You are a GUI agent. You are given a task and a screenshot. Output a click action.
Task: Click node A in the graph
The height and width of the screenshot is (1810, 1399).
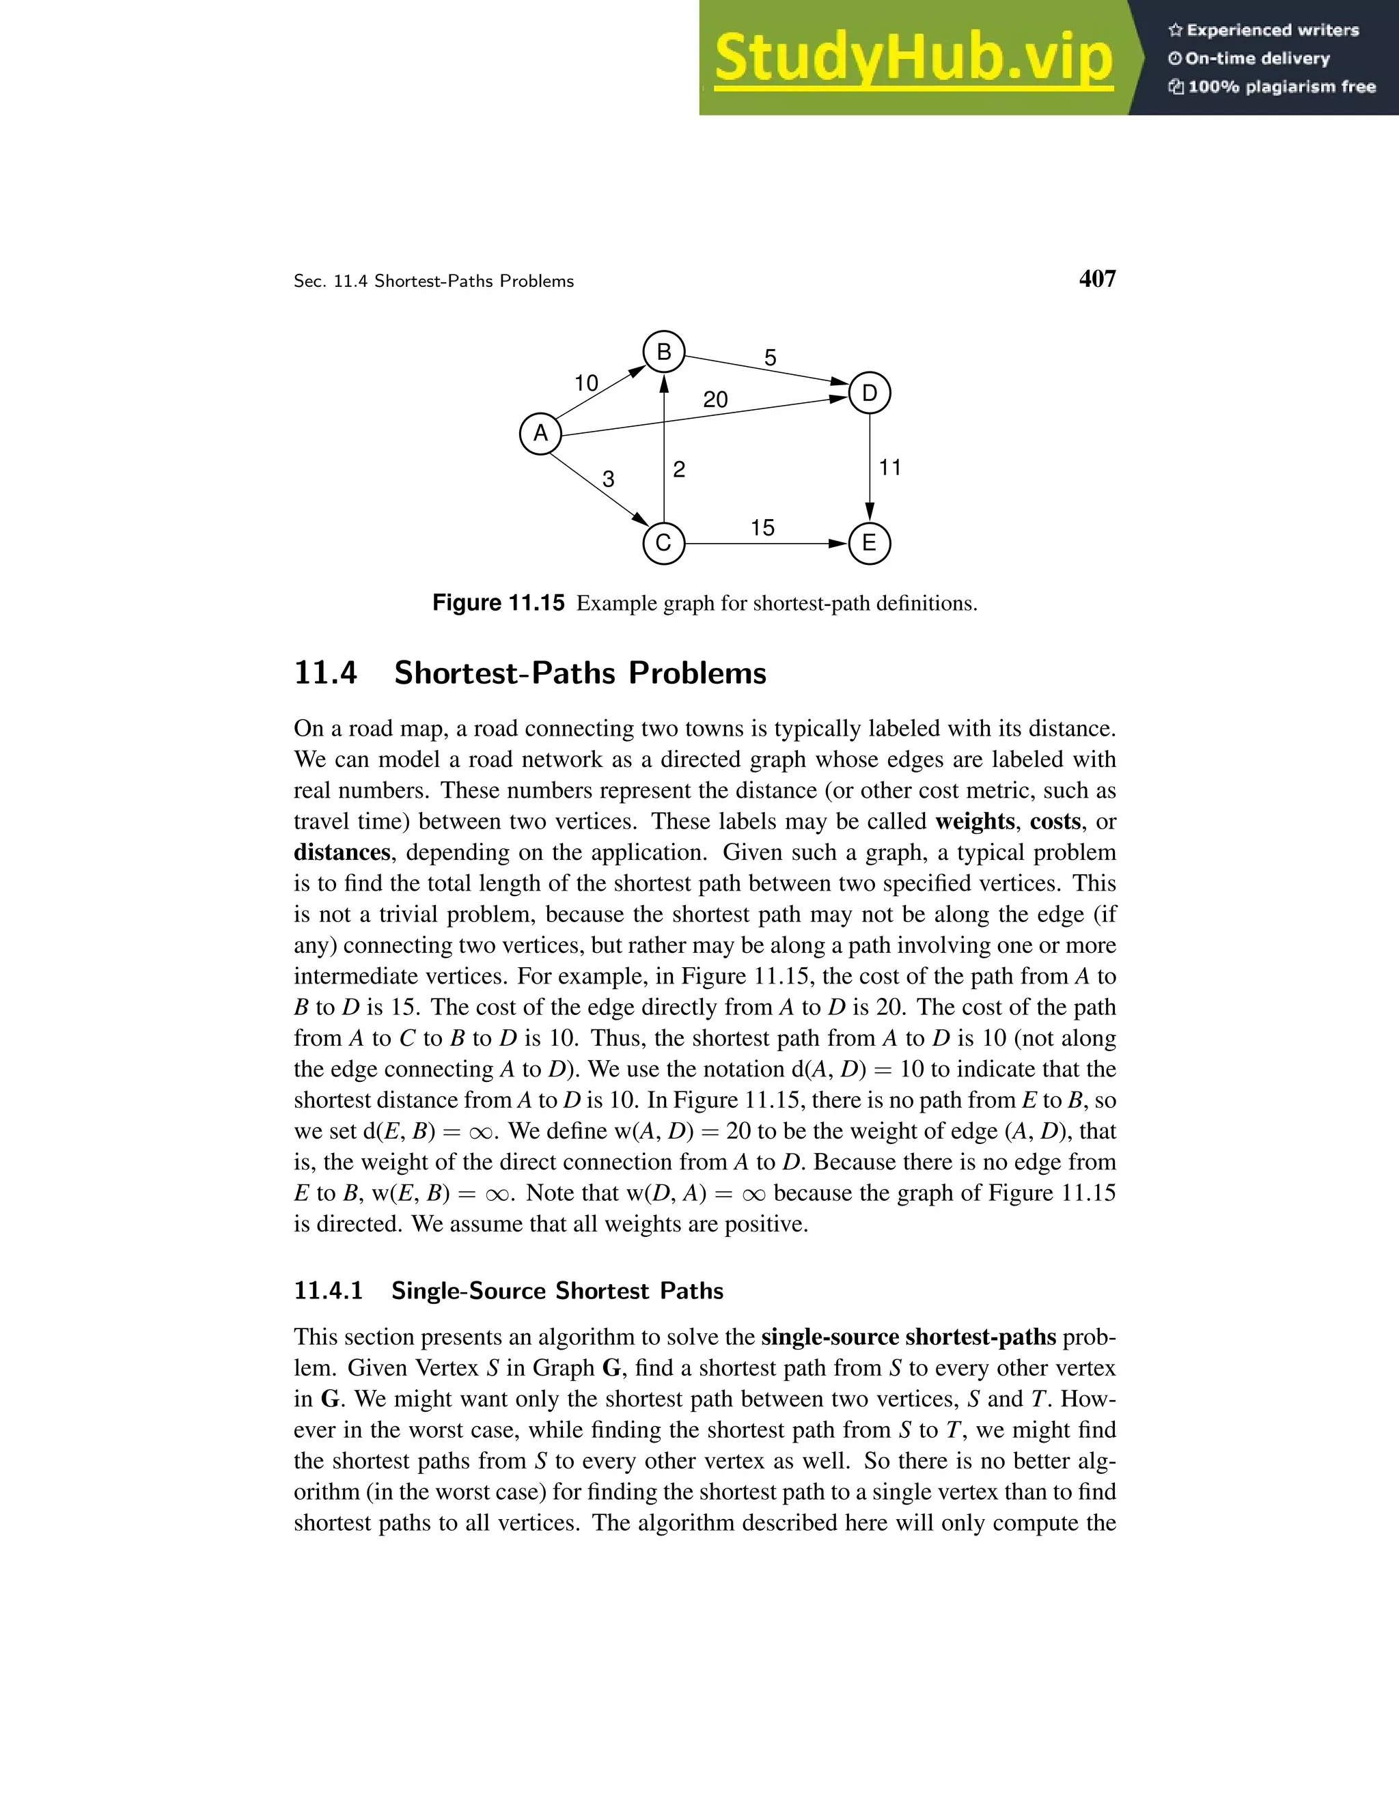coord(540,434)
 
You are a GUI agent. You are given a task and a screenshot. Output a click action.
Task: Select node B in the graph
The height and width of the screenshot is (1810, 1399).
coord(664,352)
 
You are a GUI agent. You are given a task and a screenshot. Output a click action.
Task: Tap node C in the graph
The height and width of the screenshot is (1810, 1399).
coord(664,544)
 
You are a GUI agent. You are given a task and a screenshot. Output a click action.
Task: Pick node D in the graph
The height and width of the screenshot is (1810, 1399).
coord(870,393)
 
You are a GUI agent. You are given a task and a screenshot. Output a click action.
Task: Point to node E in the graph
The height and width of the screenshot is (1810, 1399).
coord(870,544)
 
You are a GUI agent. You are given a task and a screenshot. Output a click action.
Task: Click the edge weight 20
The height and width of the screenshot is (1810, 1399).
coord(715,400)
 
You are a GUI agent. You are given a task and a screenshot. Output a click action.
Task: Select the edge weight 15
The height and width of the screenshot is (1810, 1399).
coord(762,528)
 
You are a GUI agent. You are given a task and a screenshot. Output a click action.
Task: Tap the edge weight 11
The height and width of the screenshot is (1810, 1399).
coord(890,469)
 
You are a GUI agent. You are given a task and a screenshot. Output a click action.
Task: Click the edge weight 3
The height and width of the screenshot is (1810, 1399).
coord(609,479)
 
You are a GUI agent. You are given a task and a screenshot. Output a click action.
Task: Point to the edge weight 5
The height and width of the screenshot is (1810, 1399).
coord(770,358)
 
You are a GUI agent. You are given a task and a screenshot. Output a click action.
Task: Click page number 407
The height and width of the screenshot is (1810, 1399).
coord(1097,279)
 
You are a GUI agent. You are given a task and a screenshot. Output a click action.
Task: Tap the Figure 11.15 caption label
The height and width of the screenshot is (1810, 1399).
coord(498,603)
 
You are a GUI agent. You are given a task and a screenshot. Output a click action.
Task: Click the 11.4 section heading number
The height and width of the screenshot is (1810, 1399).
coord(326,673)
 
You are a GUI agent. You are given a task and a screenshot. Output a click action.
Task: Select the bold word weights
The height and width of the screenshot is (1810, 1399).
coord(975,821)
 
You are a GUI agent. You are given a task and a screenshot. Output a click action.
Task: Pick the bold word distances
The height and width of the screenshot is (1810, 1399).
coord(342,853)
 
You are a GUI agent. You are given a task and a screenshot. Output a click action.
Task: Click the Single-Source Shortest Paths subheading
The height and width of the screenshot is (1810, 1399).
coord(557,1291)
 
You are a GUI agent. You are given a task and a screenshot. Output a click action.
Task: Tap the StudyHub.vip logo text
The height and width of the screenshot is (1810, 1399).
coord(913,58)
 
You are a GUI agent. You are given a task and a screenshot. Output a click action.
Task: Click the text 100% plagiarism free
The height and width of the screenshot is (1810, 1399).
coord(1282,87)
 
